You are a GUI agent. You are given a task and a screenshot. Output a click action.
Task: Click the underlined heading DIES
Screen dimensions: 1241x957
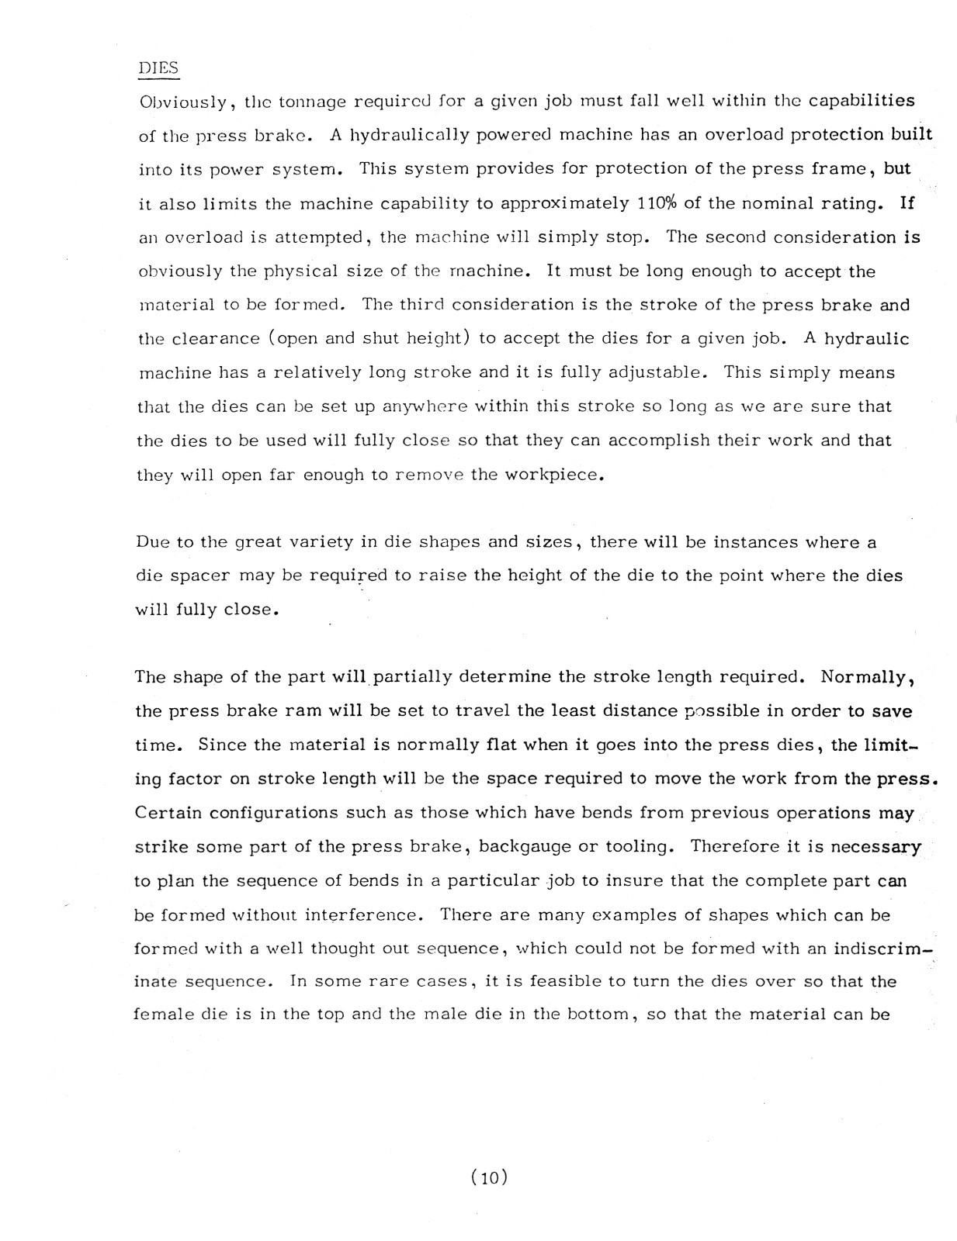tap(158, 67)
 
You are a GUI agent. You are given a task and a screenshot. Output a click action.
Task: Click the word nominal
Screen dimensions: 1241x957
tap(798, 203)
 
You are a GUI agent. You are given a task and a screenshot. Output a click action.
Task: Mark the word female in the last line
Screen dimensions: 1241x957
tap(161, 1015)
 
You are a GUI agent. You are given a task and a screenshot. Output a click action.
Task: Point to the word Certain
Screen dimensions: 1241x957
tap(168, 813)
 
